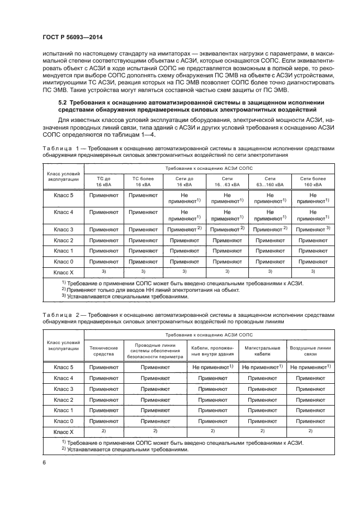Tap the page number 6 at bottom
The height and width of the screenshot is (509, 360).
coord(44,462)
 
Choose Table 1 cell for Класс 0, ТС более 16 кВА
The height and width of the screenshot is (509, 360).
coord(141,261)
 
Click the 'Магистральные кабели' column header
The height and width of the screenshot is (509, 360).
coord(262,351)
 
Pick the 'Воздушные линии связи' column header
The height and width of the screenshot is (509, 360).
coord(310,351)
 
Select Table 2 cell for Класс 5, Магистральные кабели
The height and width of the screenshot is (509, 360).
coord(262,367)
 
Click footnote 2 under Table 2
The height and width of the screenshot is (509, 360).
coord(125,449)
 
